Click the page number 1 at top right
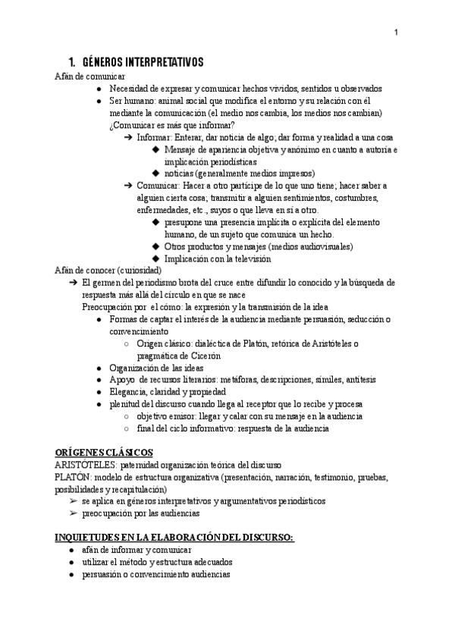[397, 32]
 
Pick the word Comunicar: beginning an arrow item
[160, 186]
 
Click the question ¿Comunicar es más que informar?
[171, 125]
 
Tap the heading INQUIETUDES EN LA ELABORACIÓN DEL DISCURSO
[174, 538]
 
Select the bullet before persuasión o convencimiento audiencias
[70, 574]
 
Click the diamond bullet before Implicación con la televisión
[156, 259]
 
